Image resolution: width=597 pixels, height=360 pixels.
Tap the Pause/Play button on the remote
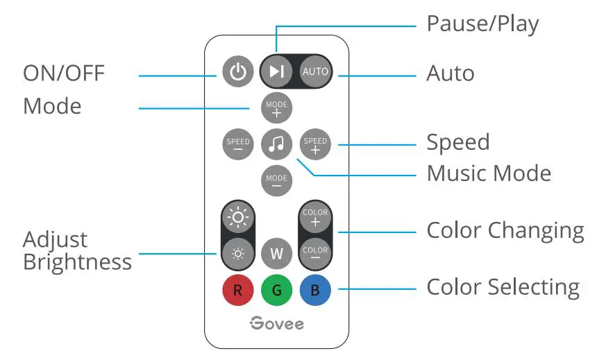[x=276, y=71]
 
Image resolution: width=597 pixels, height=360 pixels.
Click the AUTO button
[x=315, y=71]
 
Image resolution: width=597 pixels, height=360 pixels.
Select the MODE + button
[x=276, y=108]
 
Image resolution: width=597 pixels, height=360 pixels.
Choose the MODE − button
[x=276, y=181]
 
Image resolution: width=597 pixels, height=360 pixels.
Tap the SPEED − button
[x=238, y=144]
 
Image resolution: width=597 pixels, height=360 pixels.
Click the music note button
[x=276, y=144]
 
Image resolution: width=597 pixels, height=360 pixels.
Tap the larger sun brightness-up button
[x=238, y=218]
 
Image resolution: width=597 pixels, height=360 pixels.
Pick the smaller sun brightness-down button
[x=238, y=252]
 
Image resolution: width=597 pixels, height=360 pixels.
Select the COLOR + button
[x=315, y=218]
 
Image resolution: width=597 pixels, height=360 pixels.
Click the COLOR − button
[x=315, y=252]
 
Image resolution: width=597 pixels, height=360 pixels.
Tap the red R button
[x=238, y=290]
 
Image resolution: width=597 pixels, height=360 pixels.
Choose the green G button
[x=276, y=290]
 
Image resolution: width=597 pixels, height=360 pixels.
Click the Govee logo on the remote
[x=276, y=324]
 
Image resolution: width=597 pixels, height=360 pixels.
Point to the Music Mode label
[x=489, y=173]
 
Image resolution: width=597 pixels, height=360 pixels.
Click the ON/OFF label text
[x=64, y=74]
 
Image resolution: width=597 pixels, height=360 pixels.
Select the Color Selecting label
[x=503, y=287]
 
